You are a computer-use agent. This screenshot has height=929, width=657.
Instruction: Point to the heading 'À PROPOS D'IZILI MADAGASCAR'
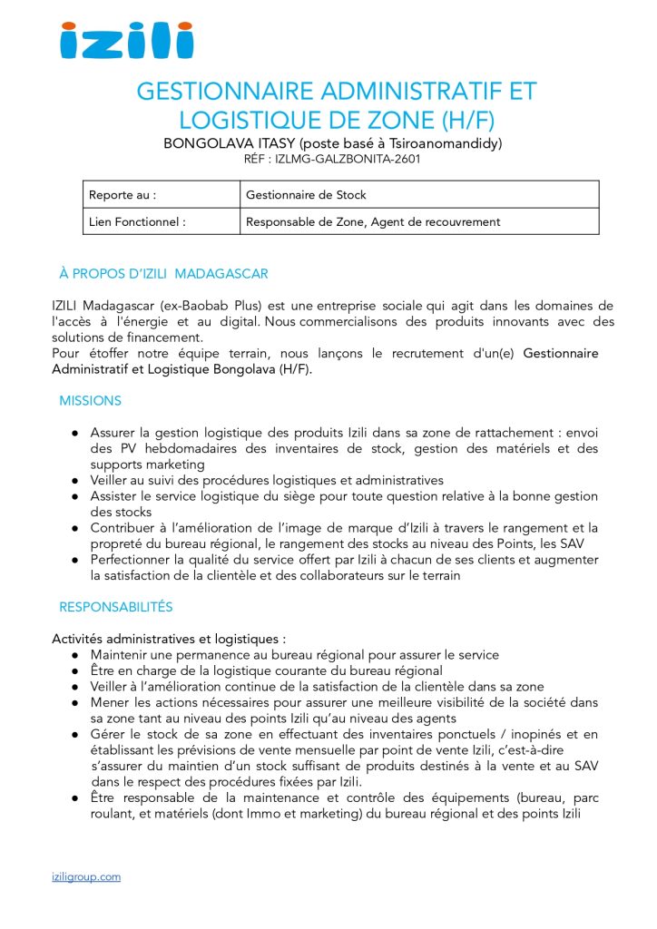pyautogui.click(x=163, y=274)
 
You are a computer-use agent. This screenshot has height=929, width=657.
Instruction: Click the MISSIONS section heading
pyautogui.click(x=90, y=401)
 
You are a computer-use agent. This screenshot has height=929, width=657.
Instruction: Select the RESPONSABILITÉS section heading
pyautogui.click(x=115, y=607)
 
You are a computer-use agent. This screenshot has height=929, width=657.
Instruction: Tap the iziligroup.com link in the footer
pyautogui.click(x=86, y=876)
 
